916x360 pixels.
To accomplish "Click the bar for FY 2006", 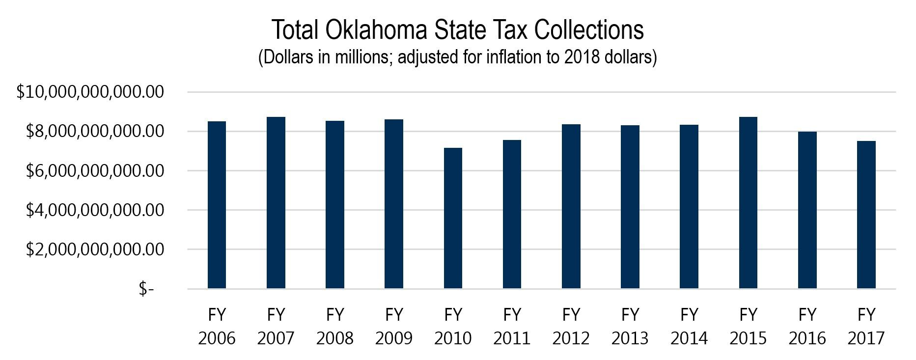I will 217,205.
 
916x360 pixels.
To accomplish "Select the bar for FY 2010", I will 453,218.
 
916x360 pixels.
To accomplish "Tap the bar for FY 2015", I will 748,202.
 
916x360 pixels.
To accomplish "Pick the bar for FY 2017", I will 866,215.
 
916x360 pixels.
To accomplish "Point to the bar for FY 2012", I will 571,206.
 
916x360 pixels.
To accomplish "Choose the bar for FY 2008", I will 334,204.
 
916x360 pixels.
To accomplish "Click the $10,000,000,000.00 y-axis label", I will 90,92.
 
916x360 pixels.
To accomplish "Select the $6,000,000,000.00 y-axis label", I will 95,171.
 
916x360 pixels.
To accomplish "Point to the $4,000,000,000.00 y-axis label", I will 95,210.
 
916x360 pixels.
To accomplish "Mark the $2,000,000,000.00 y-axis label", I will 95,249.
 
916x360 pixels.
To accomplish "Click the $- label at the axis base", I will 146,289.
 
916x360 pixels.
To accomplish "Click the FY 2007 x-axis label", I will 276,326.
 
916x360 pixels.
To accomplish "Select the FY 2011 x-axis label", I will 512,326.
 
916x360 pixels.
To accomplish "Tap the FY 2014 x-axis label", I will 689,326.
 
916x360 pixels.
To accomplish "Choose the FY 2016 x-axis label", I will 807,326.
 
